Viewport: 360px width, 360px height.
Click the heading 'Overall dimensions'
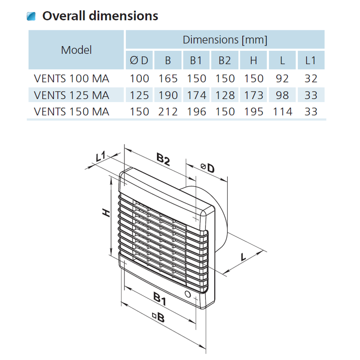pos(100,16)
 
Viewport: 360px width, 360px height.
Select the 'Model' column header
pos(76,50)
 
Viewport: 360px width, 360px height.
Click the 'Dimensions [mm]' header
pos(225,40)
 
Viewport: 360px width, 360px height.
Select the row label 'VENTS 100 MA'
pos(72,79)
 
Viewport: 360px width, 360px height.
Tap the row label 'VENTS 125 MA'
pos(72,95)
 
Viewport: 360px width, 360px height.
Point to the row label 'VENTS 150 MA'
pos(72,111)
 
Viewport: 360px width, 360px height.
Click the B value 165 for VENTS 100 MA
pos(168,79)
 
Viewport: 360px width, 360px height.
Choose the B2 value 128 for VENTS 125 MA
pos(225,95)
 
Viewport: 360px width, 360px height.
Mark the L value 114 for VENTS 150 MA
pos(282,111)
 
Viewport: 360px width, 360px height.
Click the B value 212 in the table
pos(168,111)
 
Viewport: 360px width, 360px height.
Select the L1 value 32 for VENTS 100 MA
pos(311,79)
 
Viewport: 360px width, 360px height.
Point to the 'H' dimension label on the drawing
pos(105,213)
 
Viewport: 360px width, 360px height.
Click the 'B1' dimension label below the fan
pos(160,298)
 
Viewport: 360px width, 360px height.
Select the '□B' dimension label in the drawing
pos(159,317)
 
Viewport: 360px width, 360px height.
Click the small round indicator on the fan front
pos(188,295)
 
